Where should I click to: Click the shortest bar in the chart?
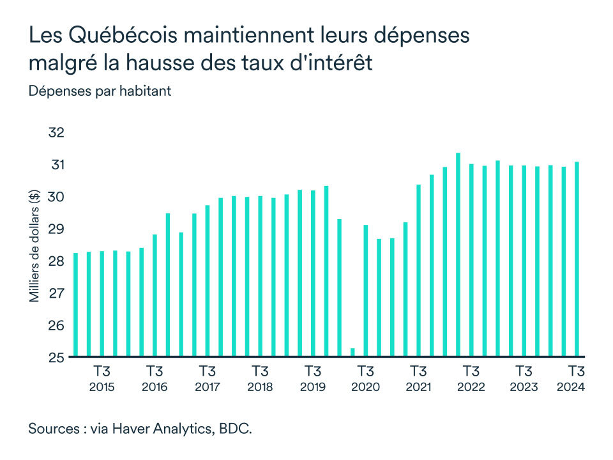tap(352, 352)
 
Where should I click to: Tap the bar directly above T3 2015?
tap(102, 303)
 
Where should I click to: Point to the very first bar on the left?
tap(76, 304)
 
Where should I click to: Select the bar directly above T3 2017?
tap(208, 280)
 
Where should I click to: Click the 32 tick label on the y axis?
tap(57, 133)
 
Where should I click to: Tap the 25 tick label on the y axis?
tap(57, 357)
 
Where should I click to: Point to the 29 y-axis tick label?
tap(57, 229)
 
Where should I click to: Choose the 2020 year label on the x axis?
tap(365, 387)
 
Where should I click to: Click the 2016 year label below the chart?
tap(155, 387)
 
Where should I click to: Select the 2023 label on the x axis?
tap(524, 387)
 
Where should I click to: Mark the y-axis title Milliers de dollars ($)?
tap(34, 246)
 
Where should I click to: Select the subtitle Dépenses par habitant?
tap(100, 91)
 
